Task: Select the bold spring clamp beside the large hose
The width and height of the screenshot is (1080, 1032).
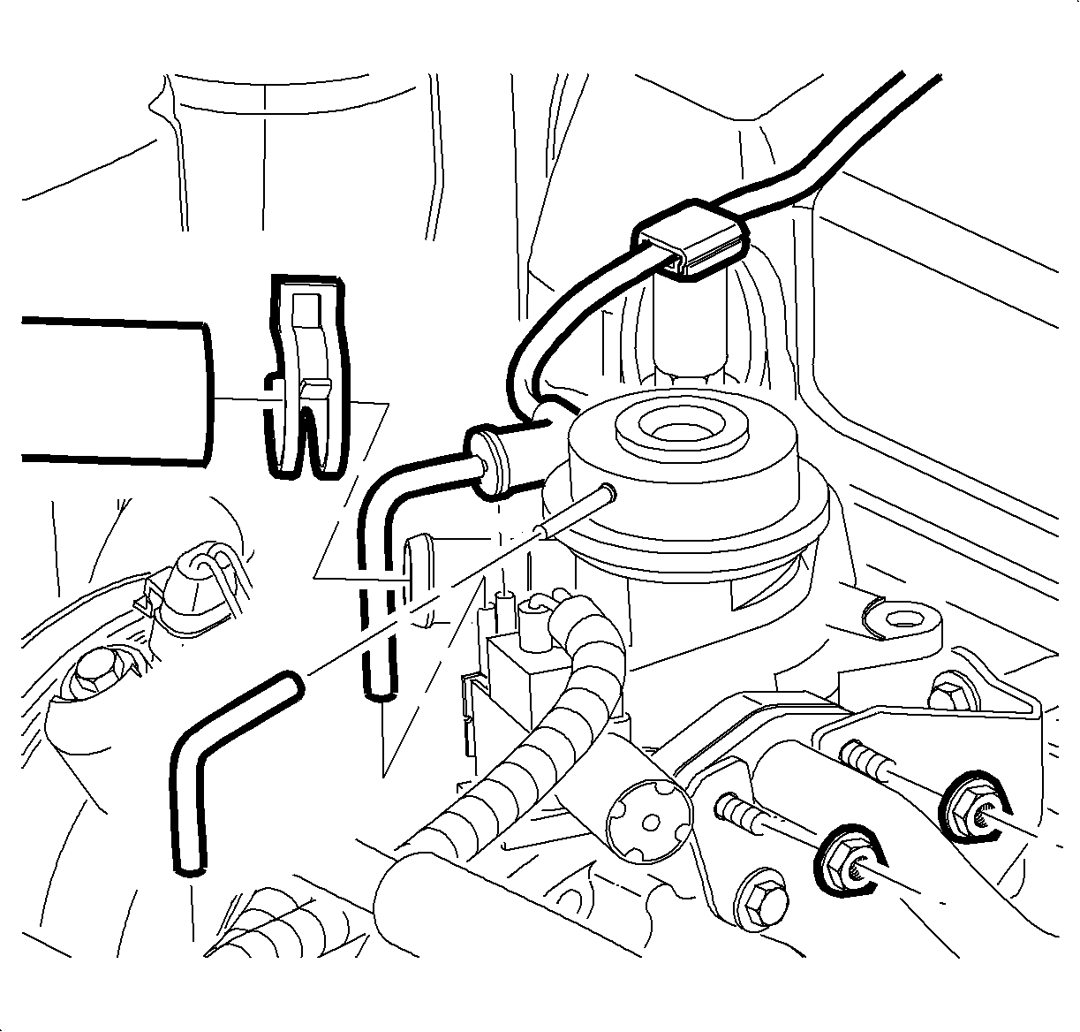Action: point(306,380)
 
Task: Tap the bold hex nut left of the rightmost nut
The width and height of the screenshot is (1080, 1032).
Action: point(845,858)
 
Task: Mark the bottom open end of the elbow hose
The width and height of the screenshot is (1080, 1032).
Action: point(378,694)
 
